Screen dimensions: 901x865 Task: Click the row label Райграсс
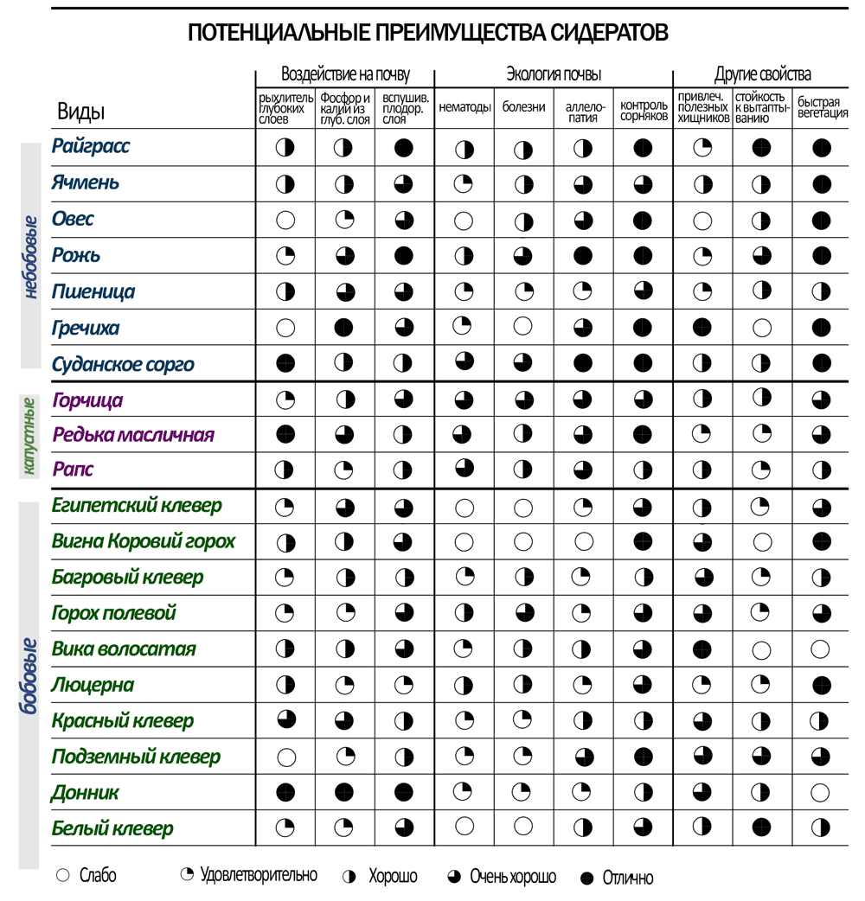[x=91, y=146]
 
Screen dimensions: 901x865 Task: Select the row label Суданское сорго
[x=123, y=364]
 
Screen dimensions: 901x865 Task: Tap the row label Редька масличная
[x=132, y=434]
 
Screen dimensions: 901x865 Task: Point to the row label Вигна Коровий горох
[x=144, y=542]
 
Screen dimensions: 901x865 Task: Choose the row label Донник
[x=85, y=793]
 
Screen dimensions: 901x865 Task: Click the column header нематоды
[x=465, y=107]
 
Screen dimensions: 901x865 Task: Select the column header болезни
[x=523, y=107]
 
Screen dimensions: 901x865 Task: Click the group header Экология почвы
[x=554, y=74]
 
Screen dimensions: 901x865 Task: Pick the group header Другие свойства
[x=762, y=74]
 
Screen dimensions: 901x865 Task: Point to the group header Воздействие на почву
[x=345, y=74]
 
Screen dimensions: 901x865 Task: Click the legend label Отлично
[x=628, y=878]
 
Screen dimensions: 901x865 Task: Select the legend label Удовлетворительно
[x=258, y=875]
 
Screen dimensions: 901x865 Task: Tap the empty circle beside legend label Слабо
[x=62, y=876]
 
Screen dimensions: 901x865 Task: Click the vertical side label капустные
[x=29, y=436]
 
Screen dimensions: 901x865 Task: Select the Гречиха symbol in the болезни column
[x=523, y=327]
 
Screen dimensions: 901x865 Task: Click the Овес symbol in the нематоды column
[x=465, y=220]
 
